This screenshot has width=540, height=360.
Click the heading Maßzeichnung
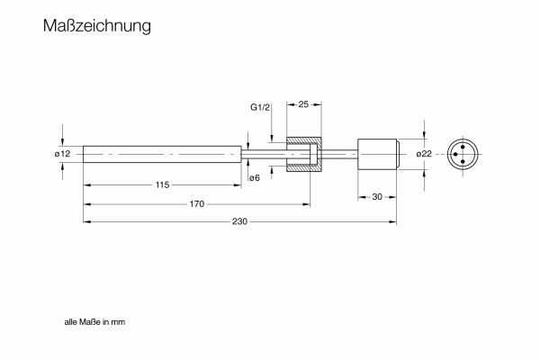pos(97,26)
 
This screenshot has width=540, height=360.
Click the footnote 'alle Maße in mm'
pos(94,322)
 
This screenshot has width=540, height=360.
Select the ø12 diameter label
pos(62,154)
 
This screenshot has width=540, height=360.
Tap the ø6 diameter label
pos(255,178)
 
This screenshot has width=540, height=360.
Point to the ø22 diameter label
pos(424,154)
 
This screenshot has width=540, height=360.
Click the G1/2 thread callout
pos(260,107)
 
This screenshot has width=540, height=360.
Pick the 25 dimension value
pos(303,104)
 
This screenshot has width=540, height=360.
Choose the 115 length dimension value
pos(162,185)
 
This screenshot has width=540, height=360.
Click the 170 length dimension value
pos(196,204)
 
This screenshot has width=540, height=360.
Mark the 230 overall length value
pos(239,221)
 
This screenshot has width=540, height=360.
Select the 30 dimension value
pos(377,197)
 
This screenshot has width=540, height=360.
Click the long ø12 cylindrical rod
pos(162,154)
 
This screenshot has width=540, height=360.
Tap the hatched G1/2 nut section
pos(304,154)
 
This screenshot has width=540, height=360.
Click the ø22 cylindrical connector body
pos(378,154)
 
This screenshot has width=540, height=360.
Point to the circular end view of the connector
pos(463,154)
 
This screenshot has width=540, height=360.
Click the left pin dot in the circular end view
pos(455,154)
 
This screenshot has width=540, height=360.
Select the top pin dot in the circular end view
pos(463,147)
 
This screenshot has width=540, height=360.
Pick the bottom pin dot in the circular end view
pos(463,161)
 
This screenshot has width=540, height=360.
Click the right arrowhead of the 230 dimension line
pos(393,222)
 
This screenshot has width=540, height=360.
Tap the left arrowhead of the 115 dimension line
pos(87,185)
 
